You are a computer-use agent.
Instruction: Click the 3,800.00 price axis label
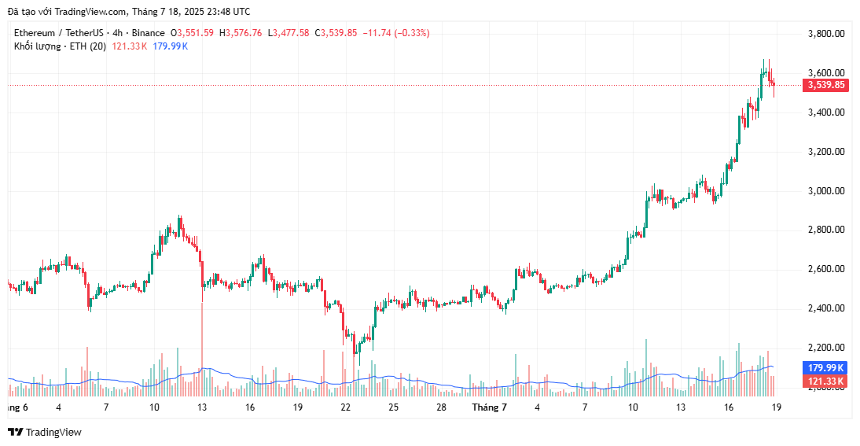tap(826, 34)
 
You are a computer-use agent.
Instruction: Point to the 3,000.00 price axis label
tap(826, 190)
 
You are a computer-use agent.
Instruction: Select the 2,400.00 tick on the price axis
tap(826, 308)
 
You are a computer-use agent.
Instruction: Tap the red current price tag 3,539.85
tap(825, 85)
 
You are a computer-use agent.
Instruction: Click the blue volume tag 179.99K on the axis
tap(825, 367)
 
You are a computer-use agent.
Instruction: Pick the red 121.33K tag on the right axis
tap(825, 381)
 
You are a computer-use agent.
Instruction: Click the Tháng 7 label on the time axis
tap(489, 407)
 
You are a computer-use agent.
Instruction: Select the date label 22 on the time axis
tap(345, 407)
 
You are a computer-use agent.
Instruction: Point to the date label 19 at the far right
tap(777, 407)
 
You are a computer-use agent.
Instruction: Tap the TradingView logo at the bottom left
tap(45, 432)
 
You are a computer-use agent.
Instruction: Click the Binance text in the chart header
tap(149, 33)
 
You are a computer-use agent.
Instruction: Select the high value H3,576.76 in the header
tap(241, 33)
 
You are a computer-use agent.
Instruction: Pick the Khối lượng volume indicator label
tap(40, 46)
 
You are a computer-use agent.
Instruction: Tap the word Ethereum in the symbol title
tap(35, 33)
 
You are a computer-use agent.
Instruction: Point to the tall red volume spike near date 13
tap(202, 346)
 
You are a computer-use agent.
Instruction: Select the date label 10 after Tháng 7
tap(633, 407)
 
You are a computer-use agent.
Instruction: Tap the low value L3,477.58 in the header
tap(289, 33)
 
